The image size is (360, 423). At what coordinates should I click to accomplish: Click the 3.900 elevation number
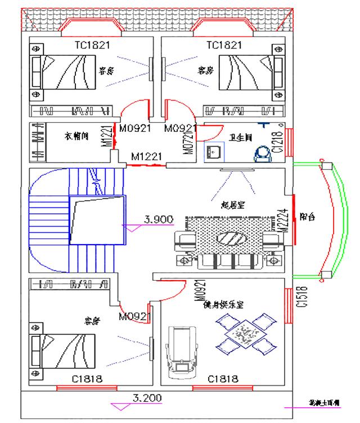(158, 220)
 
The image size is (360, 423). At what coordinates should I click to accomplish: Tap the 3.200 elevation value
(147, 398)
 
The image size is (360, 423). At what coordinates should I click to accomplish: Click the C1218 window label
(276, 142)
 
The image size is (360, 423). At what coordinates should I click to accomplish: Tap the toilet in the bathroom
(262, 152)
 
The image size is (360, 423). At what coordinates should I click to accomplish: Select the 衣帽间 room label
(75, 136)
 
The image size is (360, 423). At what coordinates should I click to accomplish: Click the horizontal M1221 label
(146, 156)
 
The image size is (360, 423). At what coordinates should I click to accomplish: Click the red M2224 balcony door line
(294, 219)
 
